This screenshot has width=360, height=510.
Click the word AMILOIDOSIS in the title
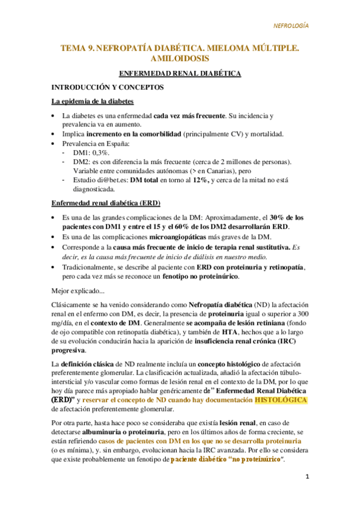(x=180, y=58)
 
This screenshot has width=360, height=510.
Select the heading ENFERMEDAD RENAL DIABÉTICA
(x=180, y=73)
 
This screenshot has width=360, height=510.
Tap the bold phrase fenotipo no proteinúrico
(x=200, y=277)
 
